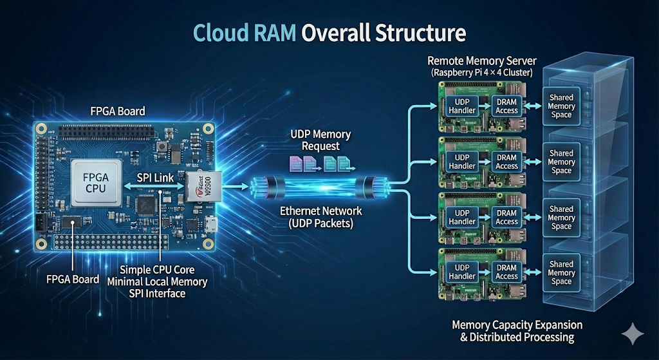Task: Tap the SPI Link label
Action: tap(156, 177)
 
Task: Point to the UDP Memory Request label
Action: tap(320, 140)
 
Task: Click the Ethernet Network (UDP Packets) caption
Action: tap(320, 216)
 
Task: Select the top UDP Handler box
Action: tap(461, 106)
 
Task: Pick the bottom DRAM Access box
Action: tap(506, 272)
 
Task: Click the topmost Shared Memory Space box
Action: tap(561, 106)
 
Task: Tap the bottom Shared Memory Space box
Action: tap(561, 272)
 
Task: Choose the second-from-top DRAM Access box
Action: tap(506, 162)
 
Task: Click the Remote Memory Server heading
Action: tap(482, 61)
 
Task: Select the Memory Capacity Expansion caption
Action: tap(517, 325)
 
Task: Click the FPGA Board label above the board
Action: tap(118, 111)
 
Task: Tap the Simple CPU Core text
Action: tap(158, 269)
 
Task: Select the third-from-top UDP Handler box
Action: tap(461, 217)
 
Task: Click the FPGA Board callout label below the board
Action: tap(73, 279)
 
